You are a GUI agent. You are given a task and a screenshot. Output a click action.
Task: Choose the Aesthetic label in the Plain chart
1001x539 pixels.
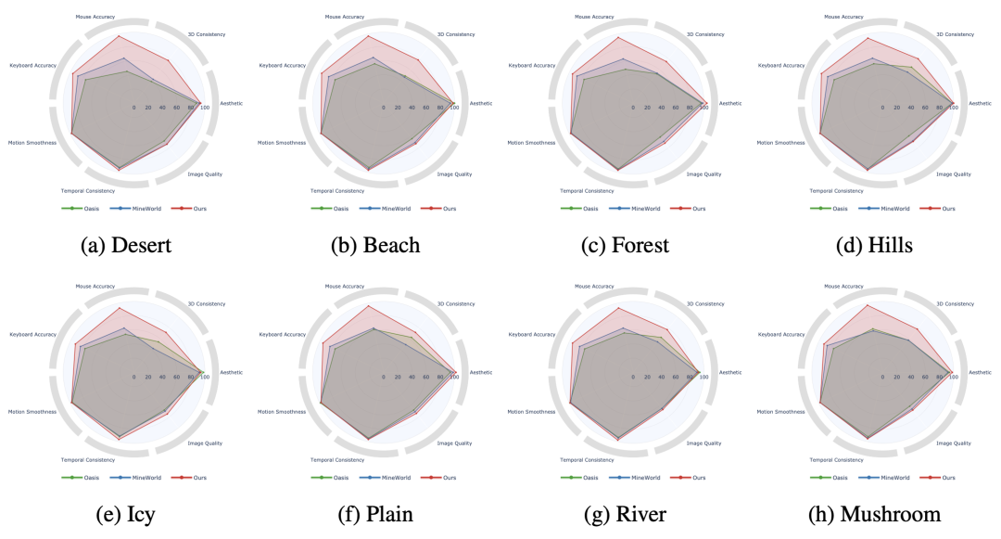(x=481, y=372)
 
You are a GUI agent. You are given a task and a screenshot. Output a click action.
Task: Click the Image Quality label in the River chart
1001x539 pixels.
(x=704, y=443)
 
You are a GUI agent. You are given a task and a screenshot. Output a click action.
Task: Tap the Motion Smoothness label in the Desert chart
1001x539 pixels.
(x=32, y=143)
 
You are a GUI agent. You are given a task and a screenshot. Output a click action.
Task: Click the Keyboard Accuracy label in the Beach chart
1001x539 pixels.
(x=283, y=66)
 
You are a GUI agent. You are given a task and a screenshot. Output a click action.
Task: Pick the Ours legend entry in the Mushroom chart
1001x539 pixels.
(x=948, y=478)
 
